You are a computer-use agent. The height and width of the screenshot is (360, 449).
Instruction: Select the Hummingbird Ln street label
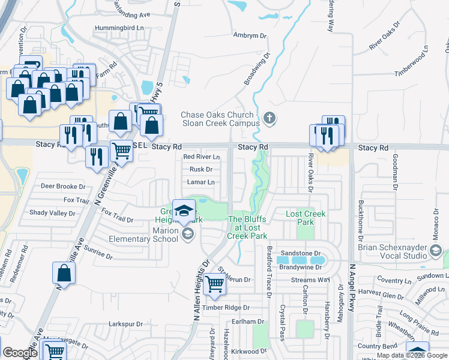coord(120,28)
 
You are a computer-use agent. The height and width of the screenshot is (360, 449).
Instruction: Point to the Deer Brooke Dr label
coord(63,187)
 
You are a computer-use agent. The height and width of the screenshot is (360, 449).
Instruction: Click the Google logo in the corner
coord(20,353)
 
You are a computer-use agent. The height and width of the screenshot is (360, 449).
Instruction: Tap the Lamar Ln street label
coord(200,182)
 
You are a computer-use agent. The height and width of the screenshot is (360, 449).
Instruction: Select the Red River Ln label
coord(201,157)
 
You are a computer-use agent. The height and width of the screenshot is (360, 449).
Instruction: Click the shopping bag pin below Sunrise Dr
coord(64,274)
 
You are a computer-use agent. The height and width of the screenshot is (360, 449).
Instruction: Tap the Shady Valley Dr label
coord(52,213)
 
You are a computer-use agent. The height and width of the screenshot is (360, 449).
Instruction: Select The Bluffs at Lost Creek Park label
coord(247,227)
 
